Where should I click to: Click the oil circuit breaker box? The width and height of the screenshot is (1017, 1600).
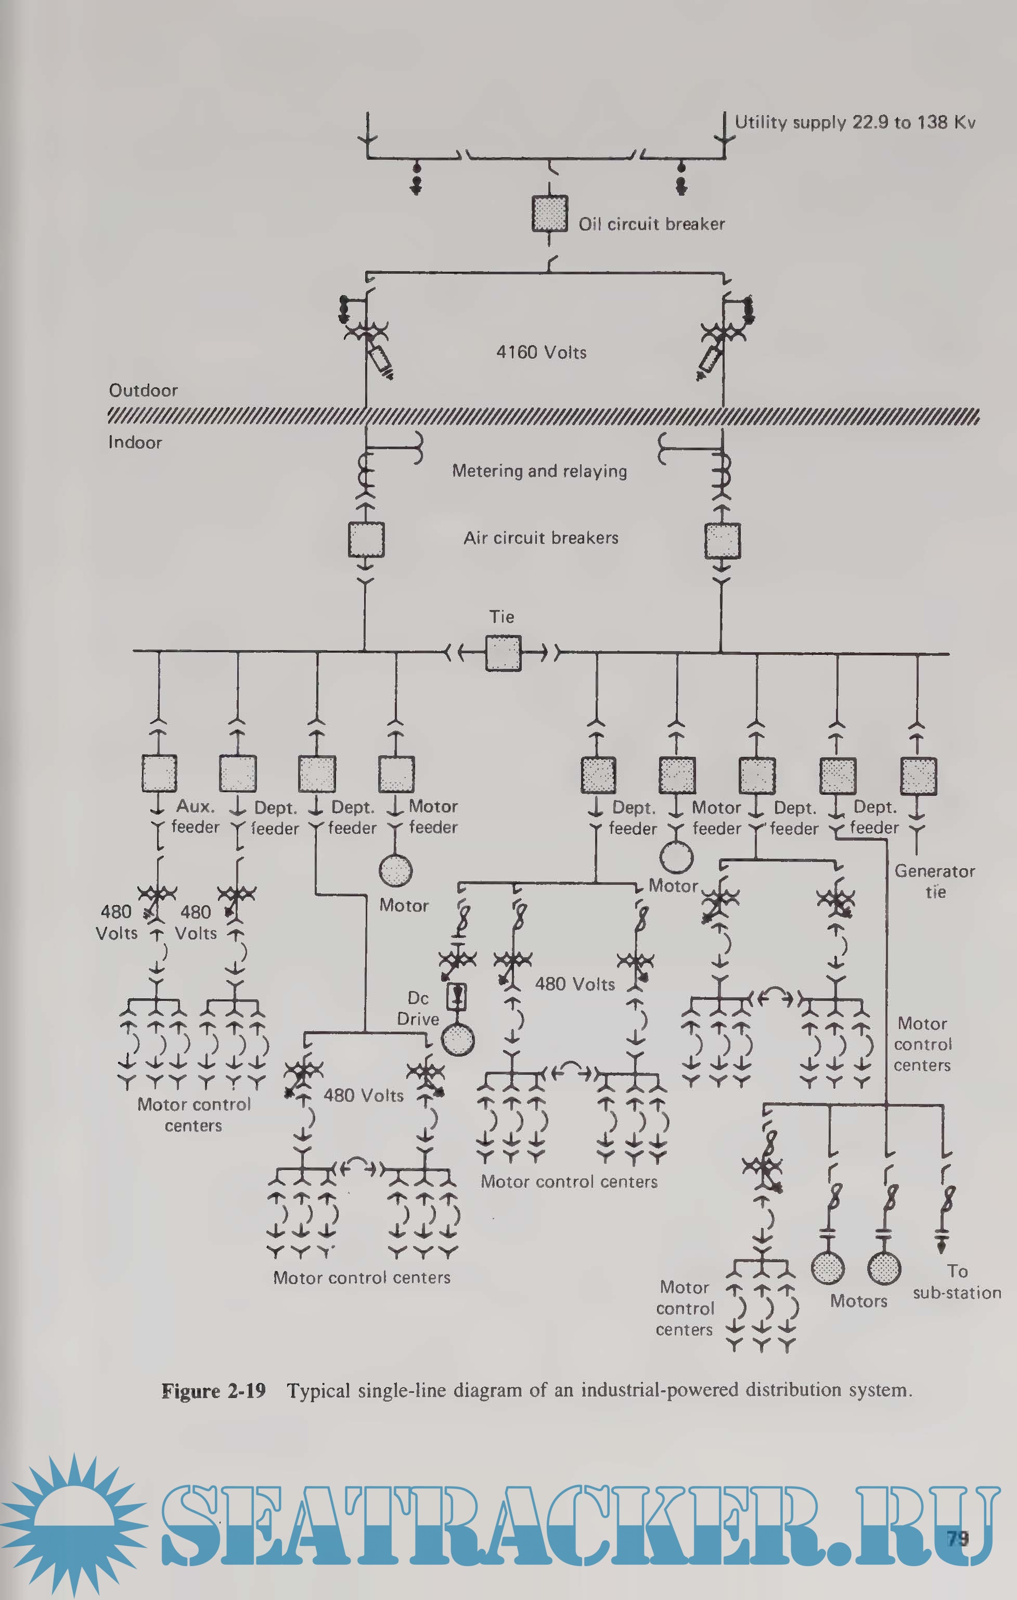coord(549,214)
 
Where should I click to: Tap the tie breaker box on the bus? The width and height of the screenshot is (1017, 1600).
coord(503,653)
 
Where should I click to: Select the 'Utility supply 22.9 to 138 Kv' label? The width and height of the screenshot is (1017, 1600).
coord(854,122)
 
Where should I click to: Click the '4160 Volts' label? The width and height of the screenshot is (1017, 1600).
coord(542,352)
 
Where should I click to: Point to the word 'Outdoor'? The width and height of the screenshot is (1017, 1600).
coord(144,390)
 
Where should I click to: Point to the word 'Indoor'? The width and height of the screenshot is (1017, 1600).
coord(135,442)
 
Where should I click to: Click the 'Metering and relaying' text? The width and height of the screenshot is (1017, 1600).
coord(539,471)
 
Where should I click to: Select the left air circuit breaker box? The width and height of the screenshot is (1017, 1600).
coord(366,540)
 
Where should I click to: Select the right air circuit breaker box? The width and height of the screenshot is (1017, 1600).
coord(722,541)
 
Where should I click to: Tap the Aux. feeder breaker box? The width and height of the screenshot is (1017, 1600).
coord(159,773)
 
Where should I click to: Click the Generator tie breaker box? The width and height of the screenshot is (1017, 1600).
coord(918,776)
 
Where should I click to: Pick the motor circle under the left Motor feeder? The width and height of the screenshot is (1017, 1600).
coord(396,870)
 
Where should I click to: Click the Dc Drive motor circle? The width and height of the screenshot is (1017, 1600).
coord(458,1039)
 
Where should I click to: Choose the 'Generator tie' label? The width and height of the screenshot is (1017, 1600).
coord(935,881)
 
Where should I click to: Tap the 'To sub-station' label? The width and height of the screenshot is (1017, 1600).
coord(957,1282)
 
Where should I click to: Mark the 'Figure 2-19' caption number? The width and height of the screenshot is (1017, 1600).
coord(213,1391)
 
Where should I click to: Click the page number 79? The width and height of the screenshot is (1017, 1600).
coord(958,1538)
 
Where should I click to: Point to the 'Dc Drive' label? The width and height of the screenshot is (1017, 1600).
coord(418,1009)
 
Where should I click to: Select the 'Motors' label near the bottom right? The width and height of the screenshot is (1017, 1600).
coord(858,1301)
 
